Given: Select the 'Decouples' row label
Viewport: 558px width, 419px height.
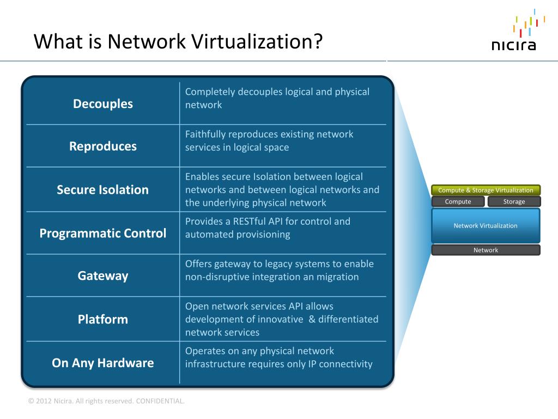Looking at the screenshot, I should [x=103, y=104].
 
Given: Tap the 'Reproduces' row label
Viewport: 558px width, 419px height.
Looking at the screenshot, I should [x=103, y=146].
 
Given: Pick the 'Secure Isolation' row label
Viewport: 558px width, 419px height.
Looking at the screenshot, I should [x=103, y=190].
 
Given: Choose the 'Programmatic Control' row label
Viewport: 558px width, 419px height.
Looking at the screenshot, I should [x=103, y=234].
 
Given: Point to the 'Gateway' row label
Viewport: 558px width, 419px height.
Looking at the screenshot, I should [x=103, y=276].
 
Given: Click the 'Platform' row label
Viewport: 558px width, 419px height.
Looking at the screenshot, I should [x=103, y=319].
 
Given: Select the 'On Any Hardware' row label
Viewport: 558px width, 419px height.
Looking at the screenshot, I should [x=103, y=363].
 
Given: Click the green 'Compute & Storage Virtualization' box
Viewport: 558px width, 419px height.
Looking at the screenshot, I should [x=486, y=190].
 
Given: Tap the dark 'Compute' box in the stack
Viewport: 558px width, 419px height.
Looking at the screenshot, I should [x=458, y=202].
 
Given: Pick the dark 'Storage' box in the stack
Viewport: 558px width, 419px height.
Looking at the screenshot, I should [x=514, y=202].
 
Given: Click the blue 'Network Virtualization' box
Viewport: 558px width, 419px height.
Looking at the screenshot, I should [x=486, y=225].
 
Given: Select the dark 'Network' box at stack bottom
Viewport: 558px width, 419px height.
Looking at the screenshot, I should [x=486, y=250].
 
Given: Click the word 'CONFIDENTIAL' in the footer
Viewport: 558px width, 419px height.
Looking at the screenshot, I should [x=160, y=401].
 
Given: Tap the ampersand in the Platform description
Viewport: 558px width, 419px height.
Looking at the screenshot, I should [x=312, y=319].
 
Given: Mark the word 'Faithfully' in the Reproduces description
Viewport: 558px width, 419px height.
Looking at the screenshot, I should [x=205, y=134].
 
